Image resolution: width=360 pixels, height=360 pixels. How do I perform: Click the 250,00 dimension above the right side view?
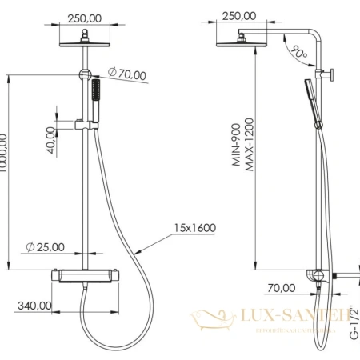tap(238, 15)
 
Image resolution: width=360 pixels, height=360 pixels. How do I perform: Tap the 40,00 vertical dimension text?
tap(51, 141)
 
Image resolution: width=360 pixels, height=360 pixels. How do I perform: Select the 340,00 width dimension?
tap(33, 305)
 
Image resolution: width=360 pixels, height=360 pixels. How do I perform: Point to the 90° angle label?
tap(298, 54)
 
